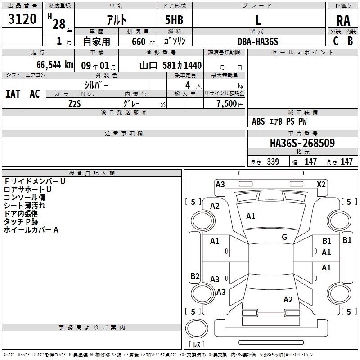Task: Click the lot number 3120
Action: click(x=22, y=20)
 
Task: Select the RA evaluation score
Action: click(x=343, y=20)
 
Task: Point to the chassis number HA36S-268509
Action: click(x=302, y=143)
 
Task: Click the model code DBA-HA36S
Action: click(x=258, y=41)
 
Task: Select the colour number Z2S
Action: click(x=74, y=103)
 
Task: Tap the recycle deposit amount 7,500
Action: click(x=226, y=103)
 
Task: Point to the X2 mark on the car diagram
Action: click(x=321, y=184)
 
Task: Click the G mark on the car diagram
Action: click(x=284, y=237)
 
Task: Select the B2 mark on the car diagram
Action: click(x=195, y=276)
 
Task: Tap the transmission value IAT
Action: click(x=13, y=94)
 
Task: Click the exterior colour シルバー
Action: click(x=96, y=85)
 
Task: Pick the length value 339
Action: click(x=273, y=162)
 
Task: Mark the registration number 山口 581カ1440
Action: click(x=170, y=65)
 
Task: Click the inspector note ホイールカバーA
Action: click(x=31, y=230)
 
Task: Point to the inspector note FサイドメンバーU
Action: click(x=35, y=181)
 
